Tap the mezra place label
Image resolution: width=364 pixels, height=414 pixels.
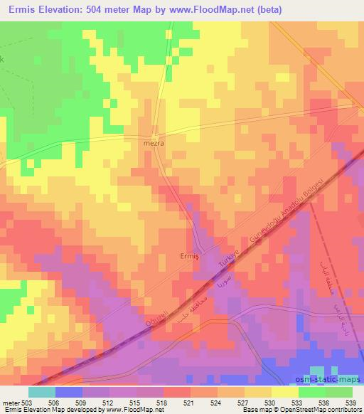(154, 142)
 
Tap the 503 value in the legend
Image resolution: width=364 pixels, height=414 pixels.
(26, 402)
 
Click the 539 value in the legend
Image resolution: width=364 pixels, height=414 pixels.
(351, 402)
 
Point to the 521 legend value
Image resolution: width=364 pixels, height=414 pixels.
(189, 402)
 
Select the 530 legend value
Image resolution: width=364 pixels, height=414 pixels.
(270, 402)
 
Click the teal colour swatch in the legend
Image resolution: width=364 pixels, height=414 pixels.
(42, 392)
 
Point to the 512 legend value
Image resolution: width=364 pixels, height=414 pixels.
(108, 402)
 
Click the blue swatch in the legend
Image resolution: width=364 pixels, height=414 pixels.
(69, 392)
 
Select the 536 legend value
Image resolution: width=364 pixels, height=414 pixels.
(324, 402)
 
